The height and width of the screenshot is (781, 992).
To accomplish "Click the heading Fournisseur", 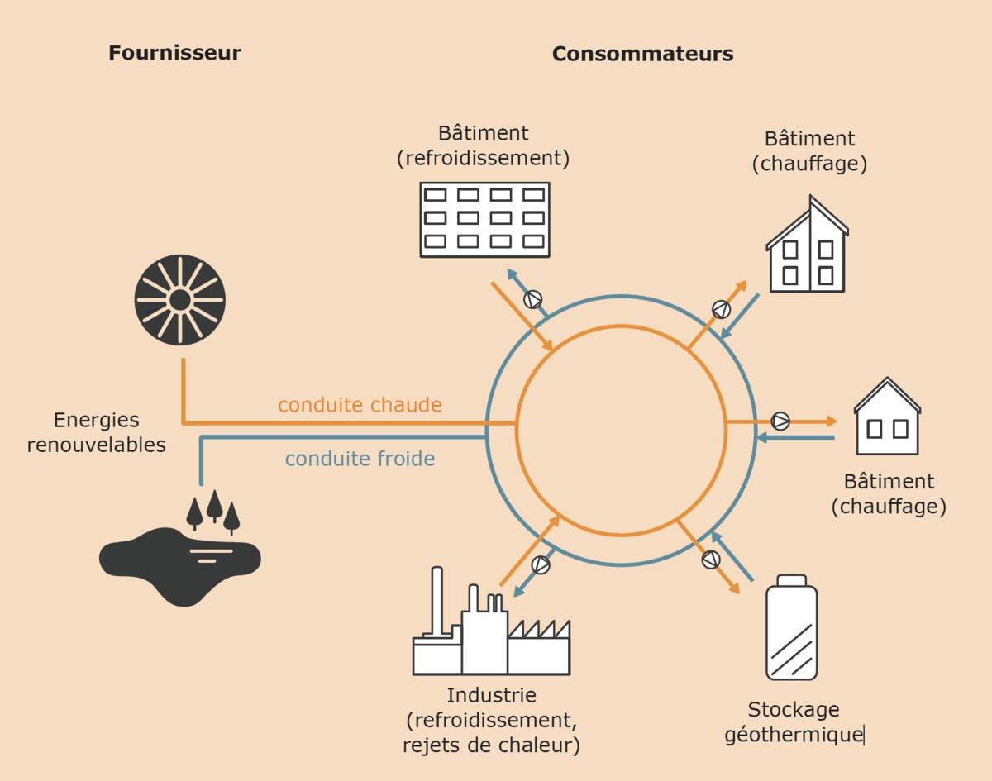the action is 174,53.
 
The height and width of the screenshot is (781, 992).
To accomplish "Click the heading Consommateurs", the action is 642,54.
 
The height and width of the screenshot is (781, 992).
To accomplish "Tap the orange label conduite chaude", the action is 360,405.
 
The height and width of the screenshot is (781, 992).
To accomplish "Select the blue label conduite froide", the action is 360,459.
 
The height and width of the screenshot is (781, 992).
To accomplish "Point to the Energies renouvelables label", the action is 97,432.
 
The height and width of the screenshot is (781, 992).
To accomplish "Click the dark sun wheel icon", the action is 180,300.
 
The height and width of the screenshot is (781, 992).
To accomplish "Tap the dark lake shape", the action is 179,567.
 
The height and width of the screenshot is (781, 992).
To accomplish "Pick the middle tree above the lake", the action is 214,506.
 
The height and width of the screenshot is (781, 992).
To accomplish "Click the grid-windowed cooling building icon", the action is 485,220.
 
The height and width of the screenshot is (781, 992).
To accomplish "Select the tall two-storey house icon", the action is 807,244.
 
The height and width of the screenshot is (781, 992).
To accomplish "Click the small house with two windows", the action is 887,417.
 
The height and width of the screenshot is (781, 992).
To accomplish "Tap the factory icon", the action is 491,621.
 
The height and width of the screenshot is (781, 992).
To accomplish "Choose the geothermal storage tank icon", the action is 791,627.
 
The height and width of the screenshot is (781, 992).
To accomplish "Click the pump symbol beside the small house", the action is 780,421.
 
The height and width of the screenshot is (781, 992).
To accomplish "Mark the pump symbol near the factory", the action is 541,564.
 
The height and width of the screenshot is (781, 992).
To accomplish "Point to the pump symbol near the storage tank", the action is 711,560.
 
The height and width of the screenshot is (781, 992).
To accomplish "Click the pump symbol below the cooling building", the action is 533,300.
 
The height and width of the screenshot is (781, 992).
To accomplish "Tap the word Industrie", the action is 491,695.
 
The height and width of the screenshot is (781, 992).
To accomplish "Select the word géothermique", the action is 794,735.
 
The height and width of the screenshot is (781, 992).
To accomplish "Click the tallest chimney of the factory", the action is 437,601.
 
